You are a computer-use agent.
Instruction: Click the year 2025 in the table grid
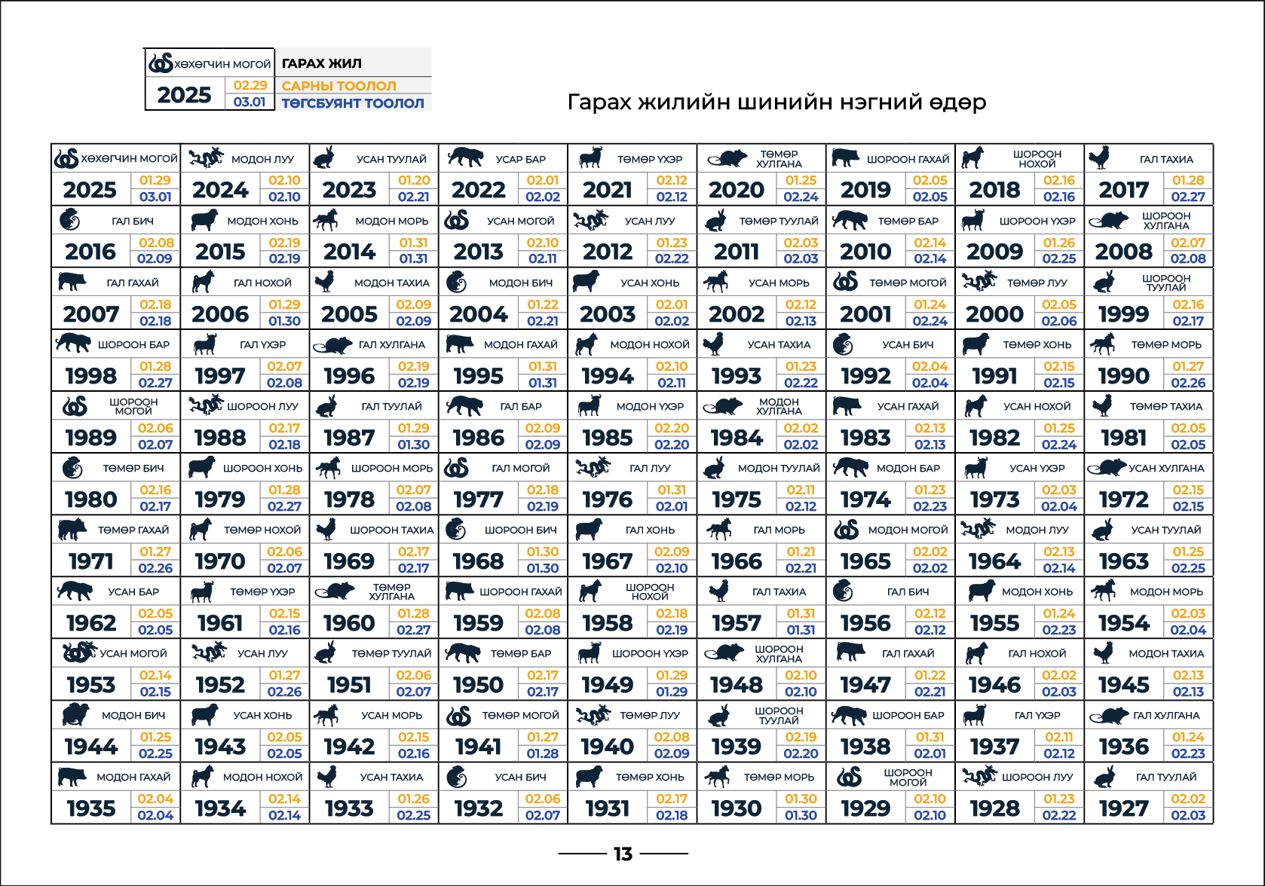tap(90, 190)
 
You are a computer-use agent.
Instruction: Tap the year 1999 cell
tap(1123, 314)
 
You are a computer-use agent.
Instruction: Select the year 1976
tap(608, 500)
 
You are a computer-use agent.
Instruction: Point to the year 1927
tap(1123, 808)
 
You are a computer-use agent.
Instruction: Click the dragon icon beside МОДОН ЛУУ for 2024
tap(206, 158)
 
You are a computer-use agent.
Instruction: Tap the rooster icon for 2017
tap(1100, 158)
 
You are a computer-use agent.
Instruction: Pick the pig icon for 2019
tap(845, 158)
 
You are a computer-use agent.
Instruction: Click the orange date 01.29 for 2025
tap(155, 181)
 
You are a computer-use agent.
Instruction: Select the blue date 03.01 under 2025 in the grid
tap(155, 197)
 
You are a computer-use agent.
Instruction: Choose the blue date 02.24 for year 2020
tap(801, 197)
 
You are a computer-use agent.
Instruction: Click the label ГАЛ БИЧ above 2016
tap(133, 221)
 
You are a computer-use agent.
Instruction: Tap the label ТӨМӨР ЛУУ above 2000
tap(1037, 283)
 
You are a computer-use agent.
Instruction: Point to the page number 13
tap(623, 854)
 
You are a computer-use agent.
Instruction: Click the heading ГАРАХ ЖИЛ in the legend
tap(322, 64)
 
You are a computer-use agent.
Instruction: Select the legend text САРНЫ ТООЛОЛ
tap(338, 86)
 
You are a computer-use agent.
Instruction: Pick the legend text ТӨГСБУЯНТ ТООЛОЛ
tap(353, 103)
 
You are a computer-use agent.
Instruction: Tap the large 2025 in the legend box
tap(185, 95)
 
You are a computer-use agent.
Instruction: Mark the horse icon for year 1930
tap(717, 776)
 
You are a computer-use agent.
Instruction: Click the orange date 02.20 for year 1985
tap(672, 428)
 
